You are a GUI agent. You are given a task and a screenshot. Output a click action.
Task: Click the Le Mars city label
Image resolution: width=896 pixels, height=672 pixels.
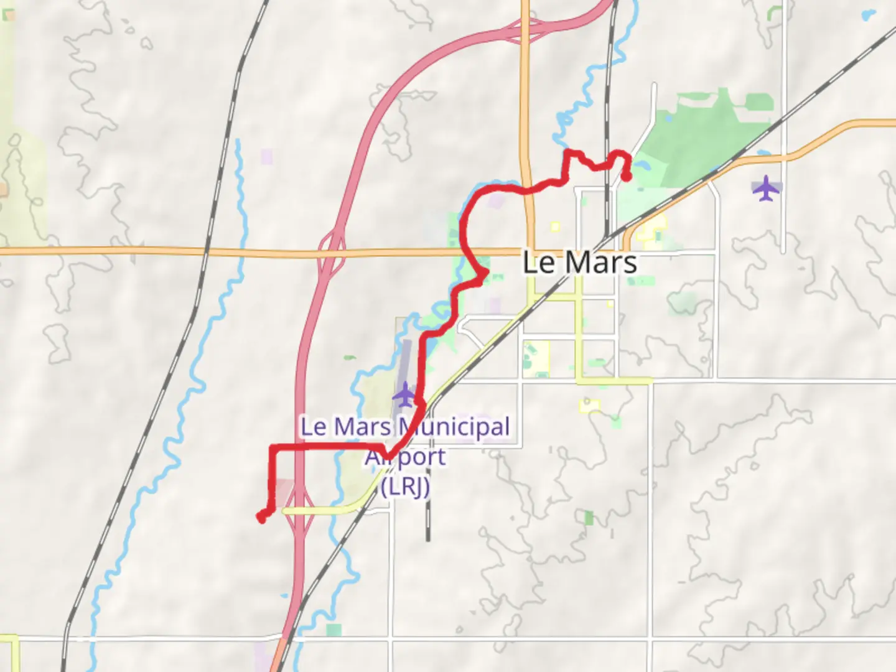[579, 262]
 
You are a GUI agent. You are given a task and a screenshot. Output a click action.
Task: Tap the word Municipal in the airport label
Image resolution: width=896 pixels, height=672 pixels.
[454, 427]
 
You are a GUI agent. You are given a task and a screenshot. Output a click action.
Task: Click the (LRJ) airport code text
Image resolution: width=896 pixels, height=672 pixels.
[405, 486]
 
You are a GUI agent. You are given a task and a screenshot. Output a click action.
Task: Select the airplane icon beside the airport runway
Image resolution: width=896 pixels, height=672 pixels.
[404, 394]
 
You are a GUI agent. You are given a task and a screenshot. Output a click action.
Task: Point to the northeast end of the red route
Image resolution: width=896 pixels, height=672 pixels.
[627, 177]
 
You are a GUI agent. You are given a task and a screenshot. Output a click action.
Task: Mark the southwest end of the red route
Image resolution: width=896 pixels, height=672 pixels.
[262, 518]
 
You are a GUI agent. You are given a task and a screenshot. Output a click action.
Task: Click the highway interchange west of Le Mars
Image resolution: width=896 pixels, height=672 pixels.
[332, 252]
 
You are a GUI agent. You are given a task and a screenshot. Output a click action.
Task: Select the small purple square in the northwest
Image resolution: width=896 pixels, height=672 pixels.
[267, 156]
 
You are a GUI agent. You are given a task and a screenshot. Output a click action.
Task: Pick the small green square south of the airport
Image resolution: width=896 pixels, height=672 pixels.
[588, 517]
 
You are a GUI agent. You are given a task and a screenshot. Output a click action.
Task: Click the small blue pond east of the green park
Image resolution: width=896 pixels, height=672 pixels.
[762, 153]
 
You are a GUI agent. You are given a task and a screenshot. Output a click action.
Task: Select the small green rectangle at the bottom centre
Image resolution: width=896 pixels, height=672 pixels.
[334, 630]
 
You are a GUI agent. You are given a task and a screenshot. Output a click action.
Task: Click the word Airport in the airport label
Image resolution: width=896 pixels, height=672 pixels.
[405, 457]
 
